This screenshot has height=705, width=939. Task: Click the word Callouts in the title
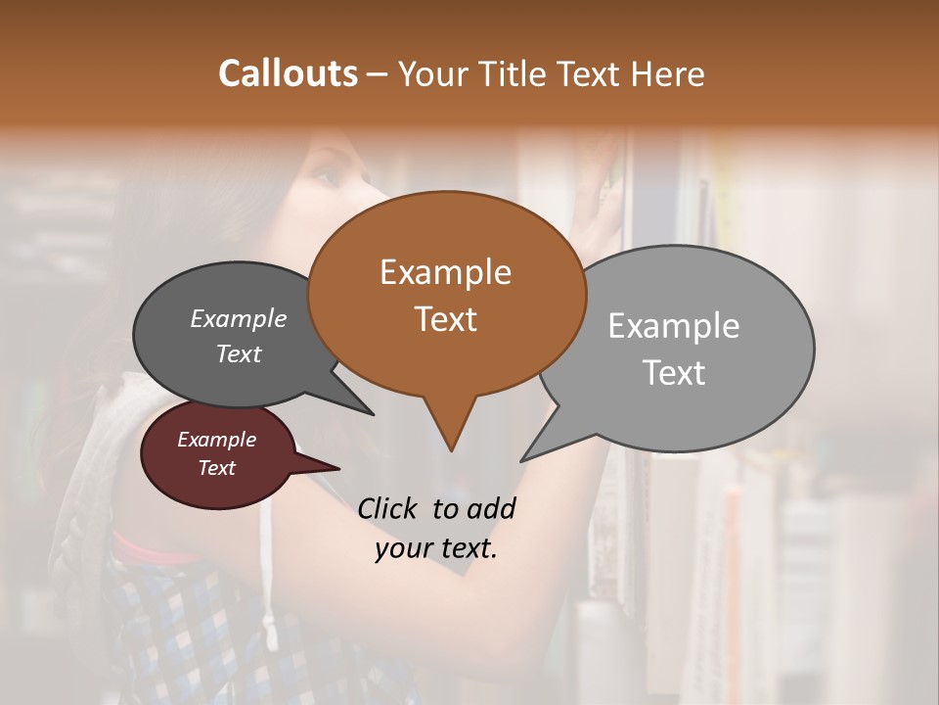[x=288, y=73]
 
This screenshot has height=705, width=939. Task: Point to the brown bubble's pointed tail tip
[x=451, y=449]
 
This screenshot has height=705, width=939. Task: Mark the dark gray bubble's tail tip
[x=373, y=413]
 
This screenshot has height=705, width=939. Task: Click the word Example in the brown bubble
[x=445, y=272]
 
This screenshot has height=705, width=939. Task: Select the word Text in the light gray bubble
[x=674, y=373]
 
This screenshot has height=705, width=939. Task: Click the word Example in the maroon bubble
[x=216, y=440]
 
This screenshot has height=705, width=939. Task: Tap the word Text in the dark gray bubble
[x=238, y=354]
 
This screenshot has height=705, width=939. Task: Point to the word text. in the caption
[x=465, y=548]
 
